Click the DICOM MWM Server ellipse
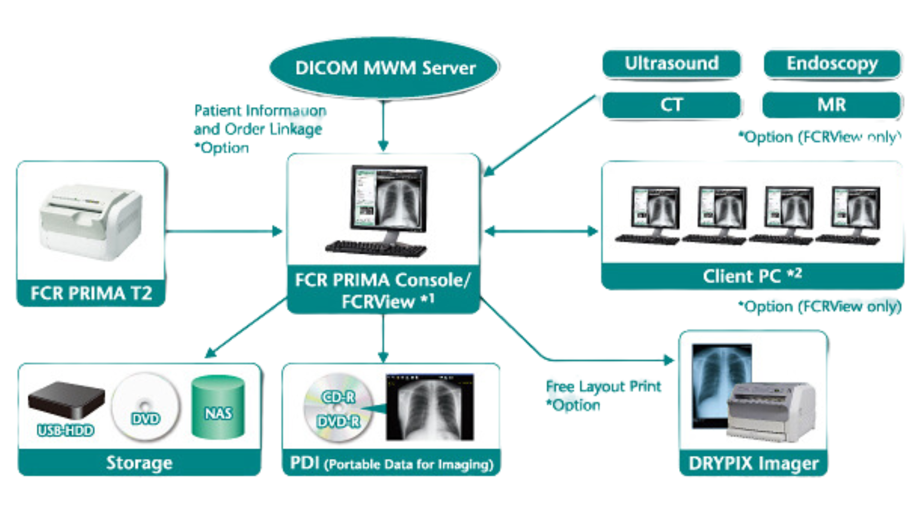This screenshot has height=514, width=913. point(384,68)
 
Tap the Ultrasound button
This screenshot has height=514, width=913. point(671,63)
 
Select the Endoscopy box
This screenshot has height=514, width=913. point(832,63)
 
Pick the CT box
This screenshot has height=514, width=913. point(671,105)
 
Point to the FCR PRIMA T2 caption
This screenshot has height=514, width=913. point(91,293)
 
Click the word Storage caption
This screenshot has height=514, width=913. point(139,463)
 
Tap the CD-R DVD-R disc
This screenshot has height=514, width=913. point(338,408)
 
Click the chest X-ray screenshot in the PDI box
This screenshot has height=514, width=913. point(430,407)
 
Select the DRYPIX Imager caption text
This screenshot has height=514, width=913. point(753,463)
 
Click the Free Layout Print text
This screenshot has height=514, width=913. point(604,386)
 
